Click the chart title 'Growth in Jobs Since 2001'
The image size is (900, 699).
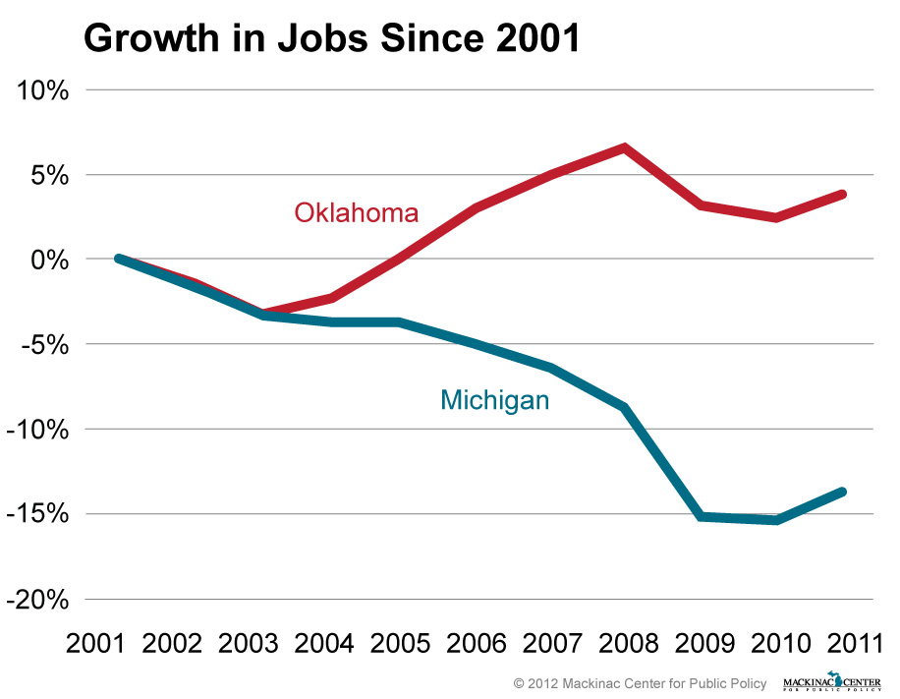(x=332, y=38)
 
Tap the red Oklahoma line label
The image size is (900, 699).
(x=357, y=212)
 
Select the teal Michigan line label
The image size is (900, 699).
(x=494, y=400)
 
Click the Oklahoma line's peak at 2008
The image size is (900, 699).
(x=624, y=148)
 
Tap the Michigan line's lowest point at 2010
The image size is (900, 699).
(x=776, y=519)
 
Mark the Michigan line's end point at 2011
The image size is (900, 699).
(x=842, y=492)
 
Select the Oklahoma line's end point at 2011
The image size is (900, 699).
(x=842, y=195)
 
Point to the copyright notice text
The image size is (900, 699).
(x=641, y=682)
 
